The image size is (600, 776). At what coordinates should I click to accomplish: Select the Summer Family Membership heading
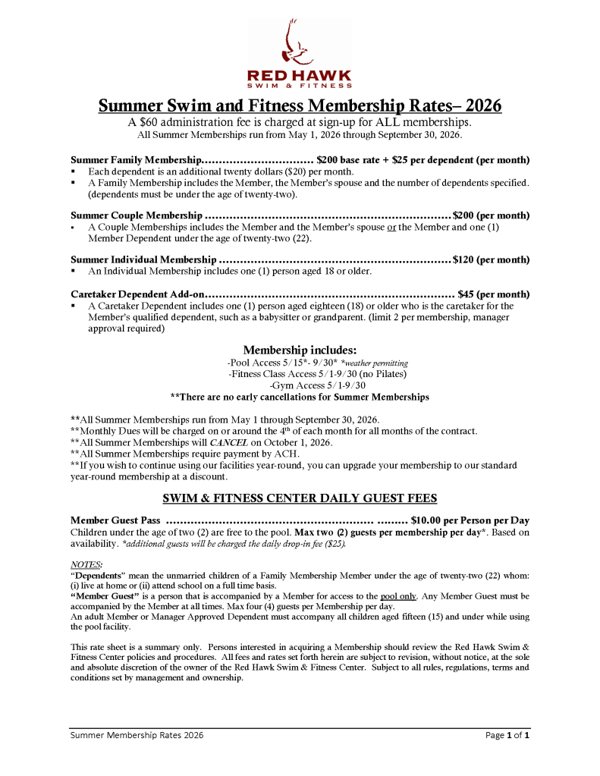[x=136, y=160]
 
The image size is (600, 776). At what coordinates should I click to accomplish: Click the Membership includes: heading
[x=300, y=350]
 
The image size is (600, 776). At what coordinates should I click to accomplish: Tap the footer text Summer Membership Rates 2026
[x=137, y=735]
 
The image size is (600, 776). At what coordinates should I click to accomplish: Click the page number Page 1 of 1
[x=507, y=735]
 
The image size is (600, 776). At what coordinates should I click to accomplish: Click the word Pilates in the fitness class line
[x=389, y=374]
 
